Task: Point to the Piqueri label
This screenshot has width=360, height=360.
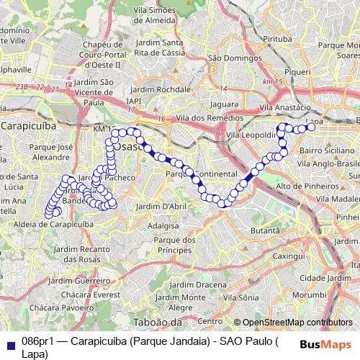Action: click(297, 73)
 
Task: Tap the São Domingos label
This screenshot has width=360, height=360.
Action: click(229, 58)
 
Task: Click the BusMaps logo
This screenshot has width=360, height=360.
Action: click(327, 343)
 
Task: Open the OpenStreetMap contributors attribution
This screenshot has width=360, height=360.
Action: click(297, 323)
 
